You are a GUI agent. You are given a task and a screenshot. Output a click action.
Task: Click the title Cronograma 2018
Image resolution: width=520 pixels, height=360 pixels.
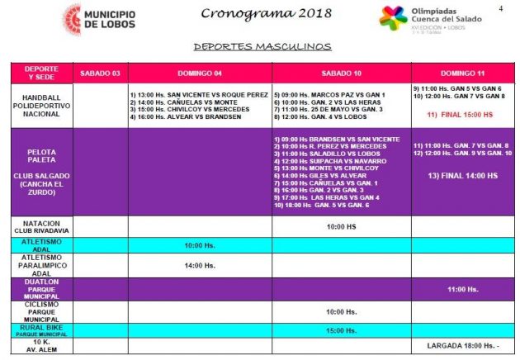tap(254, 13)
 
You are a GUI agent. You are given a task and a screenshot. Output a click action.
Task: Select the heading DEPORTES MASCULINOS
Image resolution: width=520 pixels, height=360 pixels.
tap(262, 47)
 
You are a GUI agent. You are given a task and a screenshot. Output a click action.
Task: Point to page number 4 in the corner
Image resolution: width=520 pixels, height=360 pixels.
tap(501, 8)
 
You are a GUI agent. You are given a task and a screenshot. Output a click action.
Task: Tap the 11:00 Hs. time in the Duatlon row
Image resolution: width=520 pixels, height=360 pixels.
tap(462, 289)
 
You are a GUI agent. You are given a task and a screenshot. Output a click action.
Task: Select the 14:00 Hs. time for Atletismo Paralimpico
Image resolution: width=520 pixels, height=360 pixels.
tap(199, 265)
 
